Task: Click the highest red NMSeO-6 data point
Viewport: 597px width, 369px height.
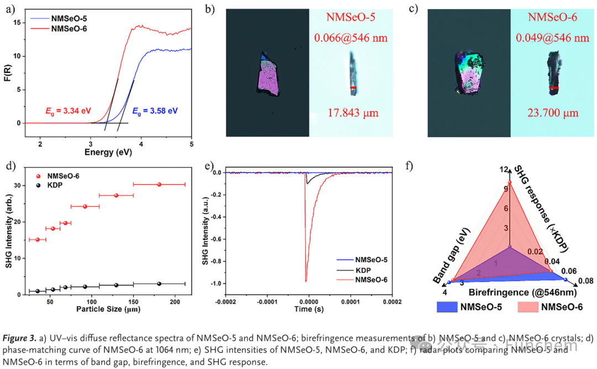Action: click(159, 184)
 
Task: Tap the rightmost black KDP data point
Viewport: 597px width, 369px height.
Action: click(159, 283)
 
